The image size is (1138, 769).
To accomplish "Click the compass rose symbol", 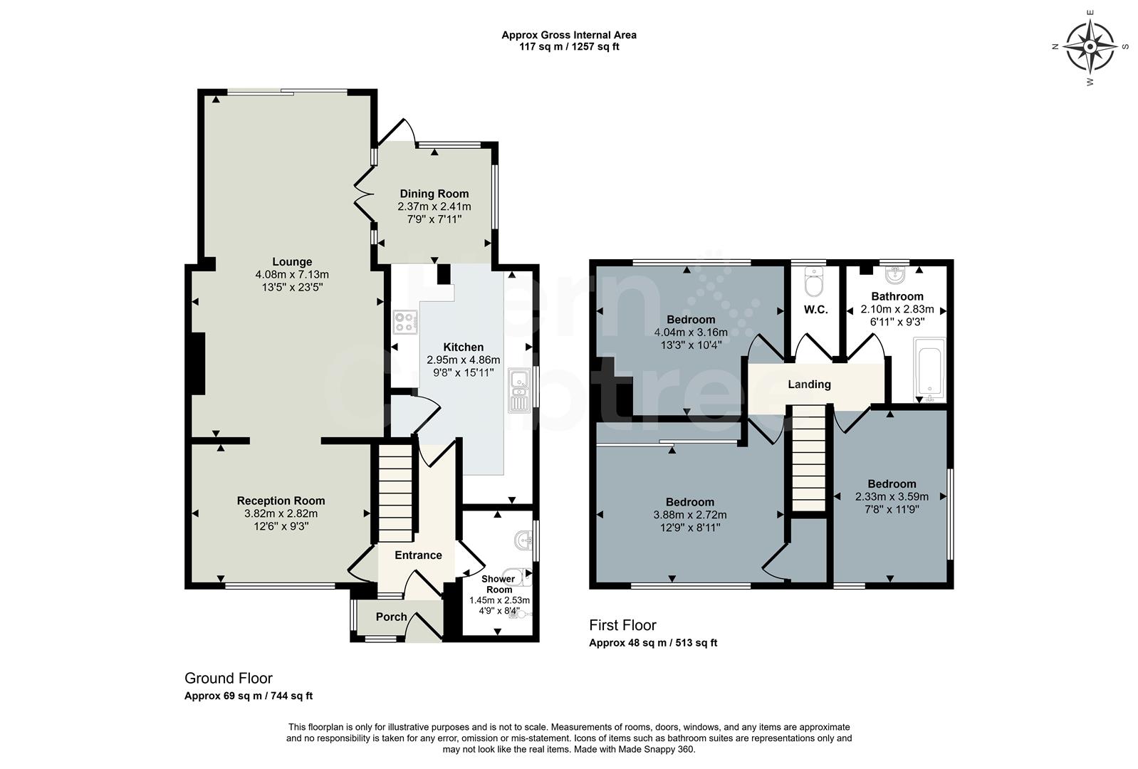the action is coord(1090,47).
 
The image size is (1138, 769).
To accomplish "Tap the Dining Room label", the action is coord(434,194).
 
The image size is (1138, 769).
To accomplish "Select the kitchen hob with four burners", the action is coord(405,322).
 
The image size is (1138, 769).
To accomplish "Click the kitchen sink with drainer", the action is coord(518,390).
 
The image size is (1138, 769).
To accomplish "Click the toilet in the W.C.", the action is coord(814,281).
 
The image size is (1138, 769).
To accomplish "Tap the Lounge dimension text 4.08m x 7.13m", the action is coord(292,275).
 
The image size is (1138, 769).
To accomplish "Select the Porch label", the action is coord(391,617).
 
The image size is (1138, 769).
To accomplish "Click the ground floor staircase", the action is coord(396,493).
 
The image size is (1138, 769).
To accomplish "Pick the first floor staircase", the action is coord(809,458).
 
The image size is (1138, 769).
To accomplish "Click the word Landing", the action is coord(809,384).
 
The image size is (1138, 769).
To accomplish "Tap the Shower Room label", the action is coord(498,584).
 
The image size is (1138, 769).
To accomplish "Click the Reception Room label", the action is coord(281,501).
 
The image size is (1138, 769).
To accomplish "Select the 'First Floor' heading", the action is coord(623,625).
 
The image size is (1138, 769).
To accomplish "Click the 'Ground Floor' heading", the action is coord(229,679).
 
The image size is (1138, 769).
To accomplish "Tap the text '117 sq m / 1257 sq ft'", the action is coord(569,47).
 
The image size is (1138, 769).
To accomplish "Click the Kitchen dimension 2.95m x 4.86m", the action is coord(464,360).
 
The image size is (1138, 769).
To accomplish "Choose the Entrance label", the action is coord(418,555).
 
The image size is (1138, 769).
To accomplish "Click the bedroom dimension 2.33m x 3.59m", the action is coord(892,497).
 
